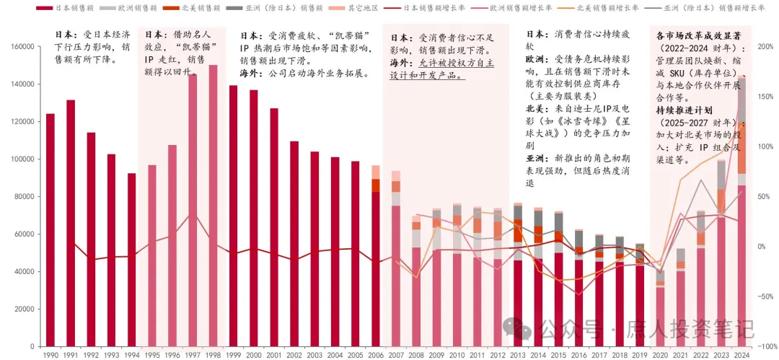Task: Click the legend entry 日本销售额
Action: pos(69,7)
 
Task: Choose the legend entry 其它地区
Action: pos(350,7)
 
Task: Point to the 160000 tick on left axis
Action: pos(24,46)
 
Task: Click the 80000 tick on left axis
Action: pos(26,196)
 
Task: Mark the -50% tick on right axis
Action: pos(764,297)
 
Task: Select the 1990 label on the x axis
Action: pos(50,355)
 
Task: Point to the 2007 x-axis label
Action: pos(395,355)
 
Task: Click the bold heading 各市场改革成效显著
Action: pos(699,35)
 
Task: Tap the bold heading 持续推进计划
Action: pos(685,110)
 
